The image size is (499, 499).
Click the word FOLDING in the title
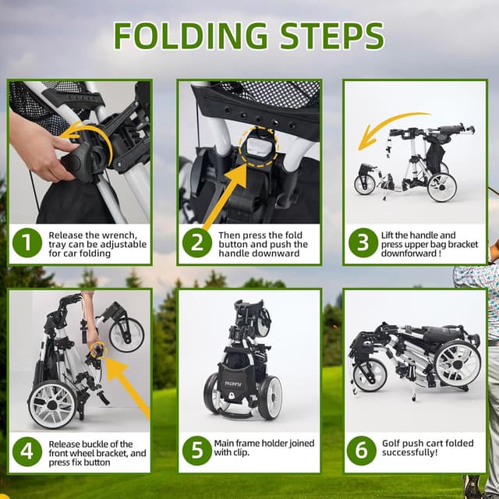pyautogui.click(x=190, y=35)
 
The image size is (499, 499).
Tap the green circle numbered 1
pyautogui.click(x=27, y=242)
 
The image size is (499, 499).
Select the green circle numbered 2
pyautogui.click(x=197, y=242)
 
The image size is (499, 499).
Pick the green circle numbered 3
pyautogui.click(x=363, y=242)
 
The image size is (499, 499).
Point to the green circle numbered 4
pyautogui.click(x=27, y=451)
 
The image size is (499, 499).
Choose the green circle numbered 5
pyautogui.click(x=197, y=451)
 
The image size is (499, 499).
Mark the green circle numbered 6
pyautogui.click(x=362, y=451)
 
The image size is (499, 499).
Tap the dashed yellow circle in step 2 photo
pyautogui.click(x=260, y=147)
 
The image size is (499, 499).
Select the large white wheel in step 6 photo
pyautogui.click(x=458, y=365)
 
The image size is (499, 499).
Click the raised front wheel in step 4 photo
pyautogui.click(x=126, y=334)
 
